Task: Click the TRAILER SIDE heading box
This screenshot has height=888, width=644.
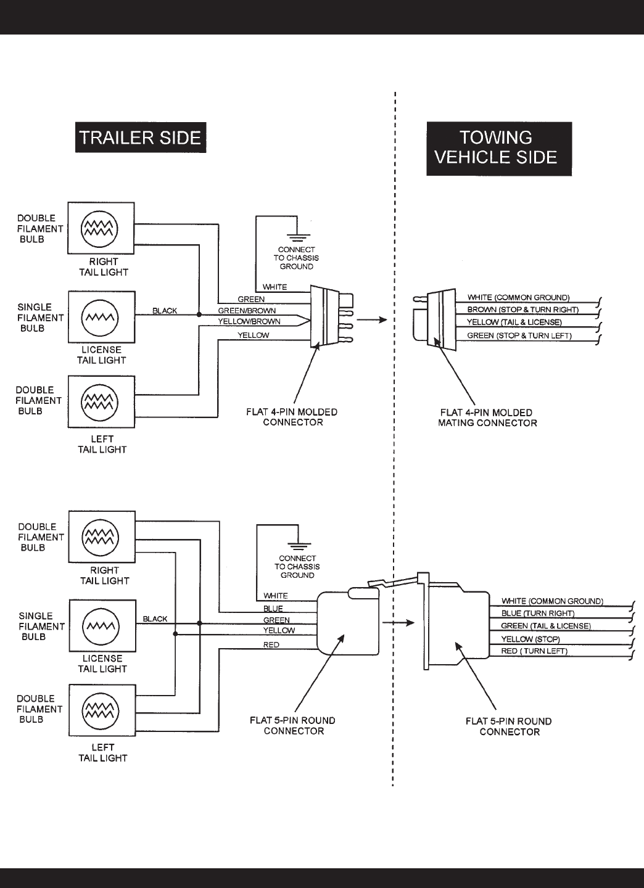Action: coord(141,138)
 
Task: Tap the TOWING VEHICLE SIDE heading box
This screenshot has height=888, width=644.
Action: coord(499,149)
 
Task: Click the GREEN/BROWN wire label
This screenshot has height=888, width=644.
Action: coord(247,311)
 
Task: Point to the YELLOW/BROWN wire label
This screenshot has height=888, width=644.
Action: coord(249,321)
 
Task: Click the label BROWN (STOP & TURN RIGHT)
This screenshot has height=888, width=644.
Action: coord(522,310)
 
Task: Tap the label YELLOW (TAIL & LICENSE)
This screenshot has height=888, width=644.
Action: coord(514,323)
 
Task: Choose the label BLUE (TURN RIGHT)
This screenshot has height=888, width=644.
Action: coord(537,613)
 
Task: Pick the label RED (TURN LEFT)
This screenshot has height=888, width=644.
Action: coord(534,651)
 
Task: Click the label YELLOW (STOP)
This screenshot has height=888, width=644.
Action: coord(530,639)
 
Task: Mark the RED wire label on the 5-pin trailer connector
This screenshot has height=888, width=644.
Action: coord(271,645)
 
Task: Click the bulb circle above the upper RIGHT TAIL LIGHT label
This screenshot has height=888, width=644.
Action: coord(99,229)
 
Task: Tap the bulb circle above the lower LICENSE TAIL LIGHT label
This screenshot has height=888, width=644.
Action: coord(101,627)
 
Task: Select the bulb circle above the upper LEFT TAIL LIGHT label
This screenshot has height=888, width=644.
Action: coord(100,402)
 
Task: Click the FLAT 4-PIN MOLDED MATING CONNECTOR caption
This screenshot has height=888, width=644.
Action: coord(487,418)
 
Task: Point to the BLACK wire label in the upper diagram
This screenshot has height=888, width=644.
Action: coord(165,311)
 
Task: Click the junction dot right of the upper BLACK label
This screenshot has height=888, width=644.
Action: coord(199,314)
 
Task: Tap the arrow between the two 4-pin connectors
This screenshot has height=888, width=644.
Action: coord(372,319)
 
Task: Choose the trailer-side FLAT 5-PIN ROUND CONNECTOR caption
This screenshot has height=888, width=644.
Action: coord(293,726)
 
